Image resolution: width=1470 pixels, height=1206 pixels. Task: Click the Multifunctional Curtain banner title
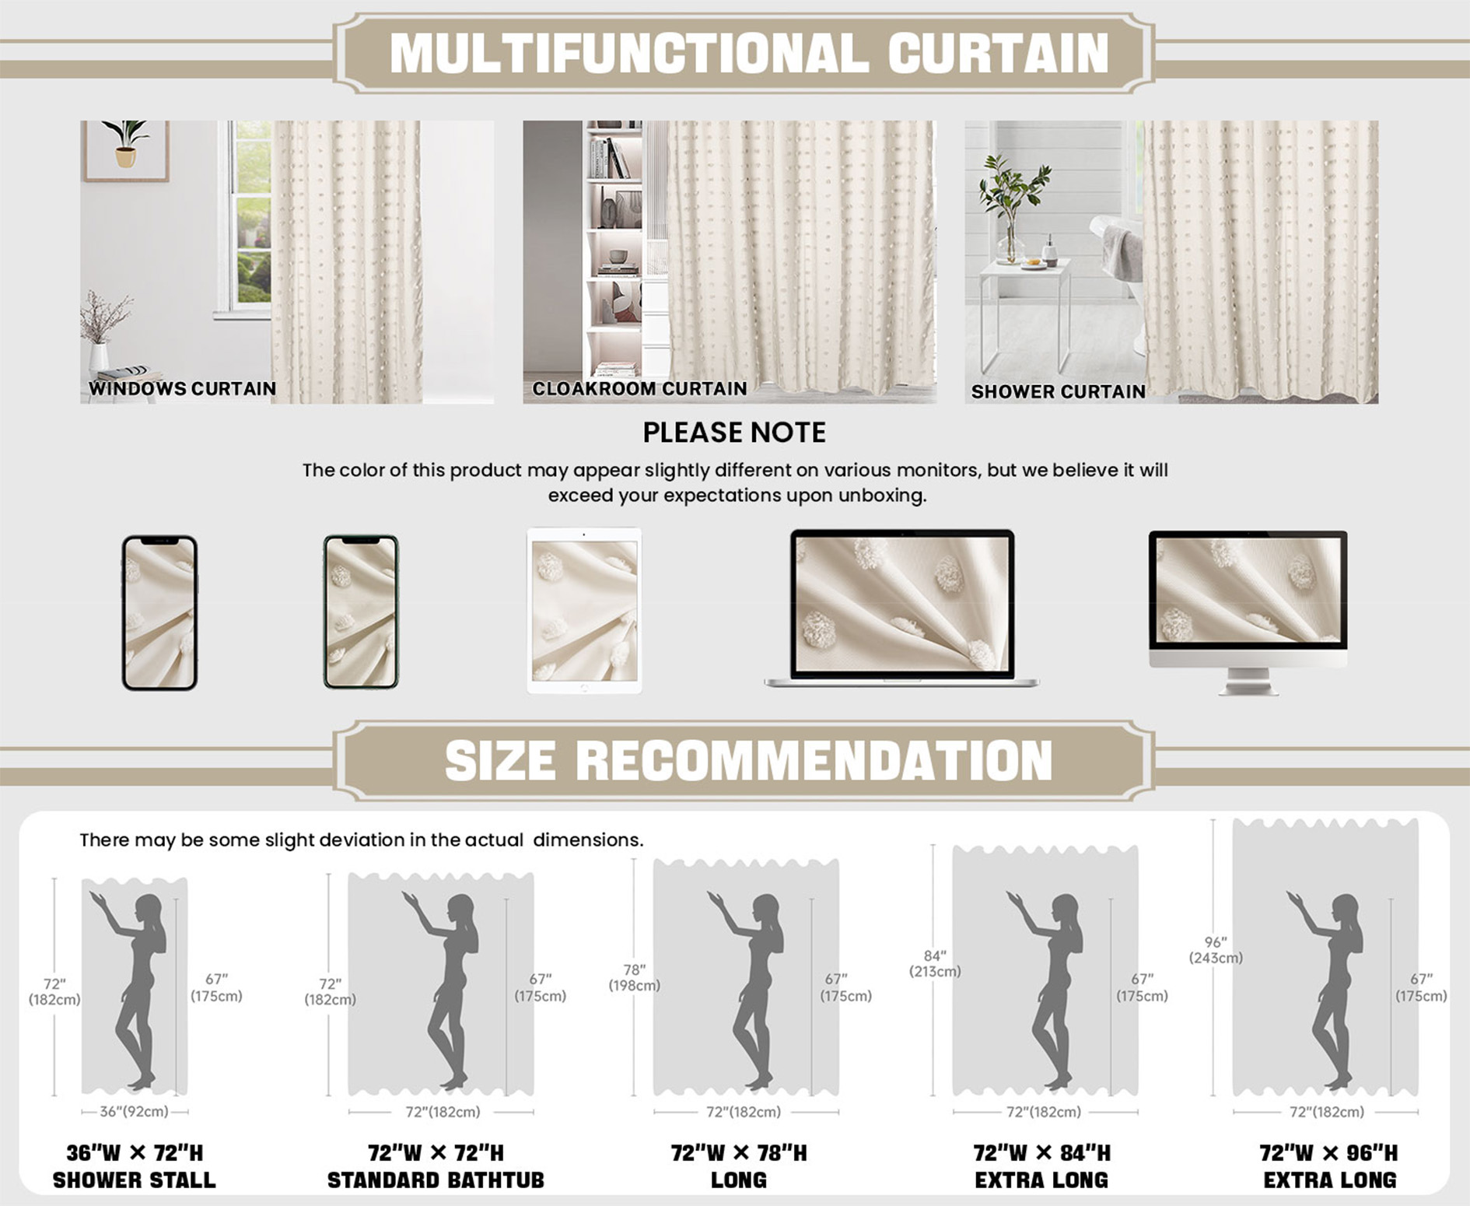[749, 53]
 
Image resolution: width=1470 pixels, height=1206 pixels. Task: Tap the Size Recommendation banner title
[748, 760]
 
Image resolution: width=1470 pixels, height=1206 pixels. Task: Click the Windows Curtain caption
[182, 388]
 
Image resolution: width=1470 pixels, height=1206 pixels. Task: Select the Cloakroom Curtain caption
[639, 388]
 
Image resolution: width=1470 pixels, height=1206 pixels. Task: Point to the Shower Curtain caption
[1058, 391]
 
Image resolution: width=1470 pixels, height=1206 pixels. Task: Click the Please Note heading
[734, 433]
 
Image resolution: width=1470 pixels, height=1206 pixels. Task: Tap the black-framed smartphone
[159, 612]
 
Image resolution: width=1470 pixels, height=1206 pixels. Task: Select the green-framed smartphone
[361, 612]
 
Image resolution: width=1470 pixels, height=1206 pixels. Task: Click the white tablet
[584, 611]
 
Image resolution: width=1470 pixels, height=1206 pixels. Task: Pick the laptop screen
[902, 604]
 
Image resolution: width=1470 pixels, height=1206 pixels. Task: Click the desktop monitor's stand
[1248, 682]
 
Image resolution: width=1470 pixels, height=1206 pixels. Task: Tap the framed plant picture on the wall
[125, 150]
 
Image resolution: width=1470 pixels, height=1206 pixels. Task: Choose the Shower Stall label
[134, 1180]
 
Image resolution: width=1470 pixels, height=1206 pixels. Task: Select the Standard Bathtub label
[436, 1180]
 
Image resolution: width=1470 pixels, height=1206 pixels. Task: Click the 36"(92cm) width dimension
[134, 1111]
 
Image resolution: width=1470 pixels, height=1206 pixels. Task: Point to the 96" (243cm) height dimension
[1216, 950]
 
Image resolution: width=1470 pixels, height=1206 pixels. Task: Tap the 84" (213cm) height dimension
[935, 963]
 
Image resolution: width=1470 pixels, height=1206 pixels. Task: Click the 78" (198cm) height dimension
[634, 977]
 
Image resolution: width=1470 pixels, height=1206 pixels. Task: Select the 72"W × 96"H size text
[1328, 1152]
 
